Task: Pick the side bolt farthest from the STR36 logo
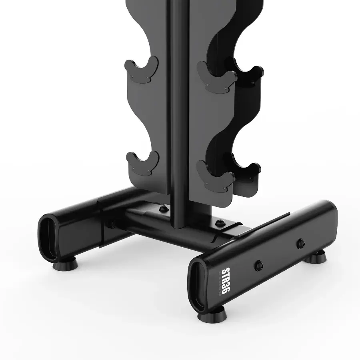click(300, 242)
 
